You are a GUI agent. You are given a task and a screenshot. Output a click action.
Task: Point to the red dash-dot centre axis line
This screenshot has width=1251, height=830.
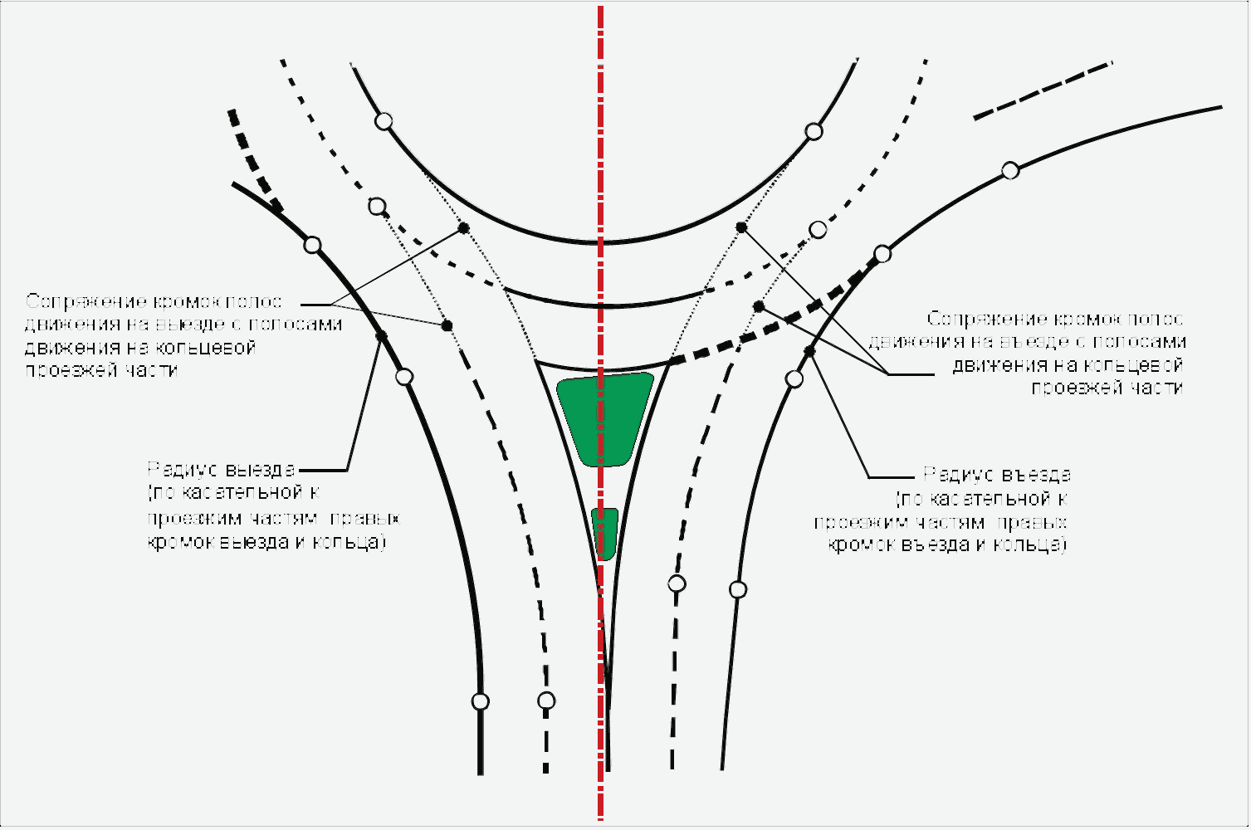click(x=600, y=124)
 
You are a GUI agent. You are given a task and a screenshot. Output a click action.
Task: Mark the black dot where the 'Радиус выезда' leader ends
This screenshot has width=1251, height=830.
click(x=382, y=336)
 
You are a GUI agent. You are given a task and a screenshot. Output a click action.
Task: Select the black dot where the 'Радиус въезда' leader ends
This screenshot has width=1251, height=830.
click(x=810, y=352)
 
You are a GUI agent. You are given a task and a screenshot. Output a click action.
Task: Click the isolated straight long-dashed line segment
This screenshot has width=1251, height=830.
click(x=1043, y=90)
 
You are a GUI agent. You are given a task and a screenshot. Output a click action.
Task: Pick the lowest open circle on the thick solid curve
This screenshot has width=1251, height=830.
click(x=481, y=701)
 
